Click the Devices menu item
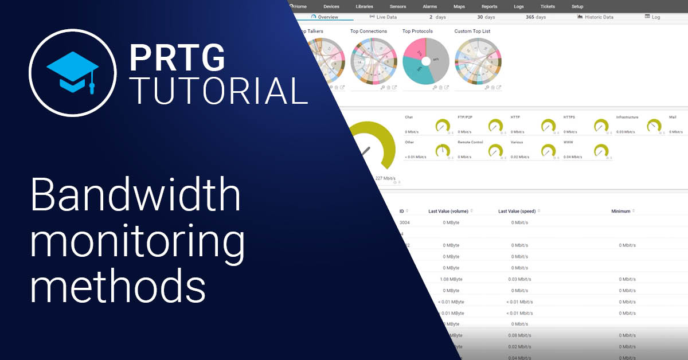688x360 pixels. (331, 6)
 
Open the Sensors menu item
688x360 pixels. (398, 6)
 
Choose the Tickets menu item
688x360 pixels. (548, 6)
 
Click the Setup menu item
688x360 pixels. (577, 6)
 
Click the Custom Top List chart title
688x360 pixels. (472, 31)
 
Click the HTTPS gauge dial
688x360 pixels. (601, 126)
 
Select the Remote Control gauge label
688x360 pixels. (470, 142)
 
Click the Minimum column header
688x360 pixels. (621, 211)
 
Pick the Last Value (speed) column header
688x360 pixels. (517, 211)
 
